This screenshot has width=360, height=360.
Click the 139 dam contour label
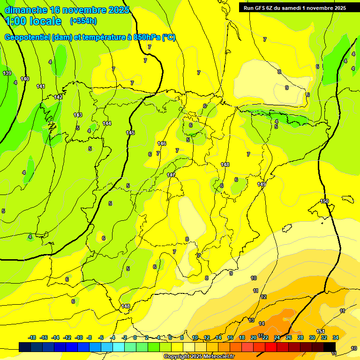pos(7,73)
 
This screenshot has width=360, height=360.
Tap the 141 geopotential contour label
pos(41,86)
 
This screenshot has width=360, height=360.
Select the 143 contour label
pos(78,115)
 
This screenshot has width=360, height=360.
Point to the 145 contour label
pos(130,133)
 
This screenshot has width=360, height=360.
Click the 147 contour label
pos(171,175)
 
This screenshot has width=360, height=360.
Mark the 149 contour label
pos(262,184)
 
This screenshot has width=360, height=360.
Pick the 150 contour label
pos(324,201)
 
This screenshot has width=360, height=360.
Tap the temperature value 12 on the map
pos(263,297)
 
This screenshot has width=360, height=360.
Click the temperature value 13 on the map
pos(252,320)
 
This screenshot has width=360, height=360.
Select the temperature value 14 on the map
pos(262,323)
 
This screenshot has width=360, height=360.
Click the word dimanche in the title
pos(25,10)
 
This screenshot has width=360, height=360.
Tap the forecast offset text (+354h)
pos(83,21)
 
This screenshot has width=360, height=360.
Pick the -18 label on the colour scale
pos(32,337)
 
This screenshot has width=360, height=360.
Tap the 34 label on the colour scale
pos(336,337)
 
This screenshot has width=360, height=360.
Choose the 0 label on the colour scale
pos(135,337)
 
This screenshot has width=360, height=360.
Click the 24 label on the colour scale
pos(277,337)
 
